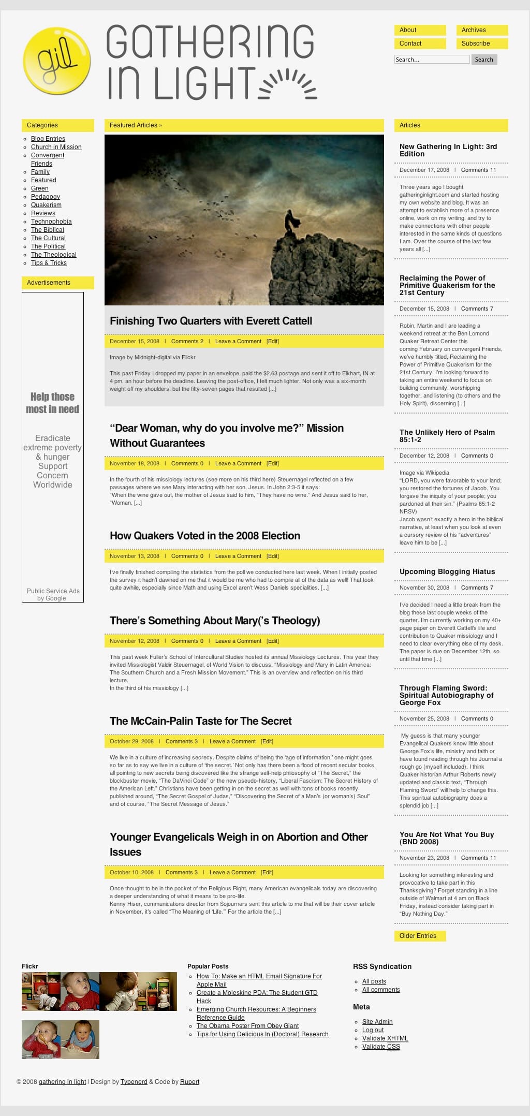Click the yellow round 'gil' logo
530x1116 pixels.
(x=57, y=61)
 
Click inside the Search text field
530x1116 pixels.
(x=432, y=60)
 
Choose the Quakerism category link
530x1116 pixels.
(x=46, y=205)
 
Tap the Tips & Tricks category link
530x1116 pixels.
(x=49, y=263)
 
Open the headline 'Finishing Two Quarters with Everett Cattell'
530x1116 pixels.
(x=211, y=321)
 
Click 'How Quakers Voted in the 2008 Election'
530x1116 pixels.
(x=205, y=536)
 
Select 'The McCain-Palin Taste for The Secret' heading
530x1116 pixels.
(x=200, y=721)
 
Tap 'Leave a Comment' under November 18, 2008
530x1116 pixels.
(x=238, y=463)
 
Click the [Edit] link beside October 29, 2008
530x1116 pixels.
(x=267, y=741)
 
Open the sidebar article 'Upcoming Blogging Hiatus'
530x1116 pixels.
(x=447, y=571)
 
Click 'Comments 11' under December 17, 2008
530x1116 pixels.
(x=478, y=170)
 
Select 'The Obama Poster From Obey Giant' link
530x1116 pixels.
(x=247, y=1025)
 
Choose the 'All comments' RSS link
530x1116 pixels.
(x=381, y=989)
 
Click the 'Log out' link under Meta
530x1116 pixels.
(x=373, y=1030)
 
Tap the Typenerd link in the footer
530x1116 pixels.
(x=134, y=1081)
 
